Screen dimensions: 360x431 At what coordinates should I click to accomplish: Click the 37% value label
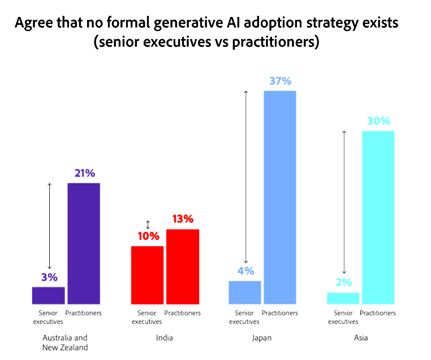(x=280, y=81)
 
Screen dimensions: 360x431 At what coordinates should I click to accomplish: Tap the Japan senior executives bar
(x=245, y=292)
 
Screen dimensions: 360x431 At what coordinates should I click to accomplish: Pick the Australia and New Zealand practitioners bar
(x=84, y=243)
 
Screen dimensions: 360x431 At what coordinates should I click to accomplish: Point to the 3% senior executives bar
(x=49, y=295)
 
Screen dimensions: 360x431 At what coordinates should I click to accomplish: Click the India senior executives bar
(x=148, y=275)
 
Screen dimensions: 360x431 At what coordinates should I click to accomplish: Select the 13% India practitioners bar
(x=183, y=267)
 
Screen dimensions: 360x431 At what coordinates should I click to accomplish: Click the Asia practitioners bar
(x=378, y=217)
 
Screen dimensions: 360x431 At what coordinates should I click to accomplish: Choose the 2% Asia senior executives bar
(x=343, y=298)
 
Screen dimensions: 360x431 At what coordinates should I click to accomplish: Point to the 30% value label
(x=378, y=121)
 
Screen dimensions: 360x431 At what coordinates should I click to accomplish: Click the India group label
(x=164, y=338)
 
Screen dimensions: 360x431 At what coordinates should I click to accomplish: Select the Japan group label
(x=262, y=338)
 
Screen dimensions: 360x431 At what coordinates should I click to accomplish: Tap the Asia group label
(x=360, y=338)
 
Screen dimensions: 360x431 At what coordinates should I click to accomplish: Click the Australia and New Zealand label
(x=65, y=342)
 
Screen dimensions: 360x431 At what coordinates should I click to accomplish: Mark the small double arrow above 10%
(x=148, y=224)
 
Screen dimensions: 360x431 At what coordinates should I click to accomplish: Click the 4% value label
(x=245, y=271)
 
